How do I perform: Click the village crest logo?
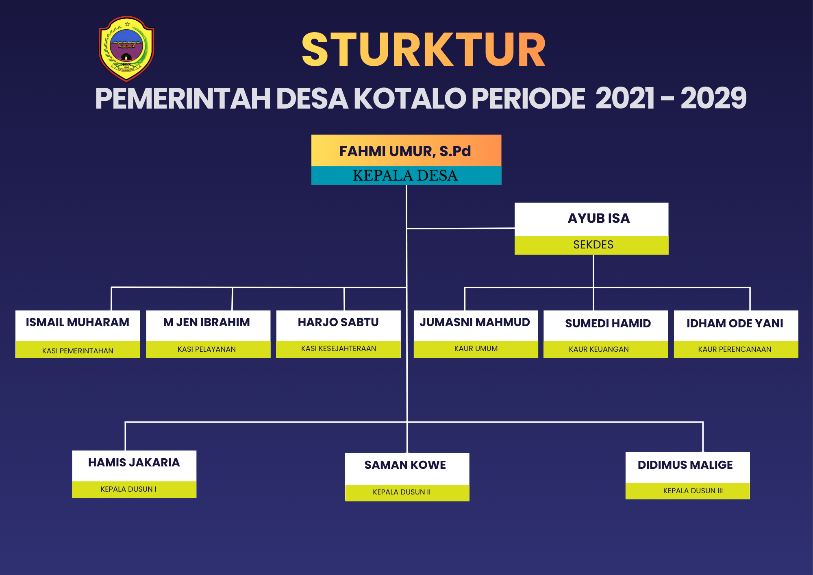point(126,48)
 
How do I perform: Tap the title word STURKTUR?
point(424,50)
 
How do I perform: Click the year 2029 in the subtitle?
point(713,98)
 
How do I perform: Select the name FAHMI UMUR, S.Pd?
point(405,151)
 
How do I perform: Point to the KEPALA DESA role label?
point(405,175)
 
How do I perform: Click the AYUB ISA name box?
point(591,220)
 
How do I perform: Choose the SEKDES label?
point(593,244)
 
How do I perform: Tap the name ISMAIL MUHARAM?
point(77,322)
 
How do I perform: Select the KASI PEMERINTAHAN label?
point(78,351)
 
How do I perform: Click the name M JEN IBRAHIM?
point(207,322)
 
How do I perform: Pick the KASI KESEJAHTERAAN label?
point(339,348)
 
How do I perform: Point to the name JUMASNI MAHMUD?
point(475,322)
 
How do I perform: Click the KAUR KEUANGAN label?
point(599,349)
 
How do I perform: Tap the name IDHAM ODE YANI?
point(735,323)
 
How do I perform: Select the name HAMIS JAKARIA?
point(134,462)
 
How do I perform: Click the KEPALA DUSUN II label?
point(402,492)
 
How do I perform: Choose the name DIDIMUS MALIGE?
point(685,465)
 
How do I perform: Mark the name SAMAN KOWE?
point(405,465)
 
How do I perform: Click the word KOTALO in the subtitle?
point(410,98)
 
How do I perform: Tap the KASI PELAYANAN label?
point(207,349)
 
